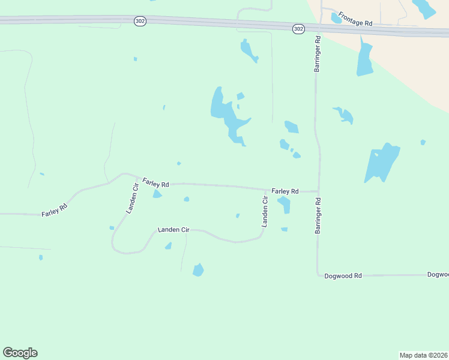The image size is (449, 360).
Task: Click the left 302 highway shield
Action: point(139,21)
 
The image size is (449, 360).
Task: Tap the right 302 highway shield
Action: point(298,29)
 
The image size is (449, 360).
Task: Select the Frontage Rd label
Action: point(355,18)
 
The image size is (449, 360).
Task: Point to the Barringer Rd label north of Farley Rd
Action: point(318,55)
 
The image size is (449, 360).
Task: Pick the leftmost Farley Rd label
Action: point(54,210)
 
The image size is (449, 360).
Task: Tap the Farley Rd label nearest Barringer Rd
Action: point(285,191)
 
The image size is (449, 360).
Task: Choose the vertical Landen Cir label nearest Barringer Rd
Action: point(264,211)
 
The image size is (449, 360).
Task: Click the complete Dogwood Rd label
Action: point(343,276)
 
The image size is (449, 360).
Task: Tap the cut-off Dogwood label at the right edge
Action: point(438,275)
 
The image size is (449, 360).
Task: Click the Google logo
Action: point(20,353)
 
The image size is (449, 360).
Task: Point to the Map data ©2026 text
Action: point(423,355)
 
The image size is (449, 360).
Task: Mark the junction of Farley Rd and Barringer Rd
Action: point(318,191)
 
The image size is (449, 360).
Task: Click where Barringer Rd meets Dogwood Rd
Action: point(318,275)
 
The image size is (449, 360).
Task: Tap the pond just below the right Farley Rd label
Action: point(285,204)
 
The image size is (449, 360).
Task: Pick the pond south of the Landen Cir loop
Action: point(198,270)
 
